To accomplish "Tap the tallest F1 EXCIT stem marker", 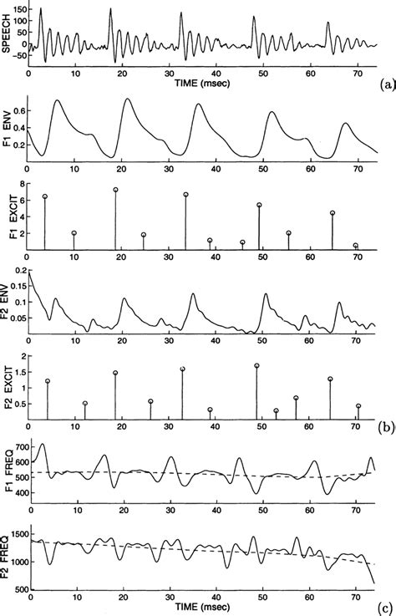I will [x=115, y=190].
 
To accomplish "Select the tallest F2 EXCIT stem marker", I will [x=256, y=365].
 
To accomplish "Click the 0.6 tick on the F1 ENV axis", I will [x=19, y=109].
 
